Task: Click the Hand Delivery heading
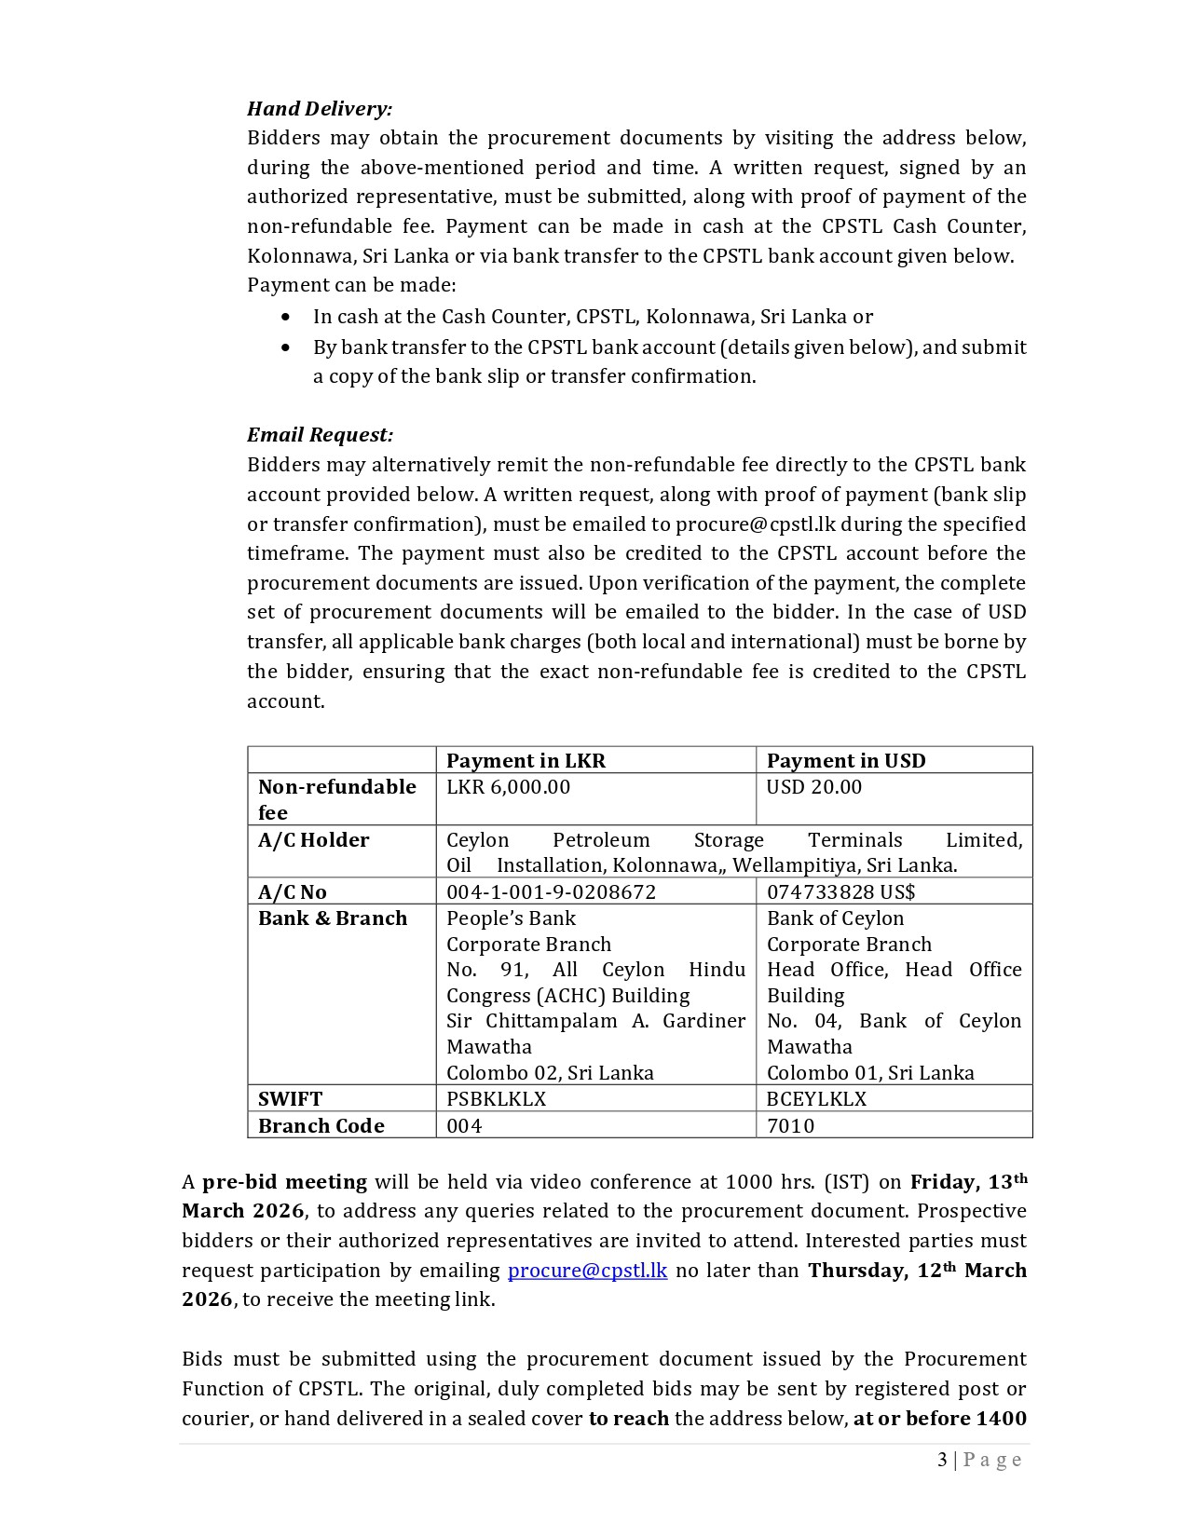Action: tap(320, 109)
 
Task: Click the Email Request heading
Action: tap(320, 435)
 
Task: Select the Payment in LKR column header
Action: tap(526, 760)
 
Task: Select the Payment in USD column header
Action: tap(846, 760)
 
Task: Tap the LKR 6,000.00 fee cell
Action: tap(508, 787)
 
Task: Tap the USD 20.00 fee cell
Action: tap(813, 787)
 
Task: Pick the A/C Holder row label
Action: tap(313, 840)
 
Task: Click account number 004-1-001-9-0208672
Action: tap(551, 892)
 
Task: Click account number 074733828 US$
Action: tap(840, 892)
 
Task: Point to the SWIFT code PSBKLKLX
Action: tap(496, 1099)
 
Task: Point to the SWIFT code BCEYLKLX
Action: tap(816, 1099)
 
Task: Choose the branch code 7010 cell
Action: tap(790, 1126)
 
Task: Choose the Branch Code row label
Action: tap(321, 1126)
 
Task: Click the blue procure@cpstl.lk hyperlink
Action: tap(587, 1271)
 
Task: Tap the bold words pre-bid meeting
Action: tap(285, 1182)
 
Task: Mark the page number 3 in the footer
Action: tap(942, 1460)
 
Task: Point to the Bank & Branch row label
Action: tap(333, 918)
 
